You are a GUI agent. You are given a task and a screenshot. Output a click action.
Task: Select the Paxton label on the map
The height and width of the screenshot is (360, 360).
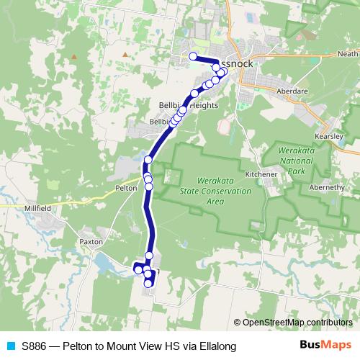pyautogui.click(x=91, y=242)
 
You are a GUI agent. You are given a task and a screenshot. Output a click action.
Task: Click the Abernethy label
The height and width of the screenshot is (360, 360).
pyautogui.click(x=327, y=187)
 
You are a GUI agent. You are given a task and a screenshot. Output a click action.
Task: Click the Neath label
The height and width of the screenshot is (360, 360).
pyautogui.click(x=347, y=54)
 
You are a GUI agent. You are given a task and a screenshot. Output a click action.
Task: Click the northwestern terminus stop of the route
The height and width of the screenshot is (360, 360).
pyautogui.click(x=193, y=56)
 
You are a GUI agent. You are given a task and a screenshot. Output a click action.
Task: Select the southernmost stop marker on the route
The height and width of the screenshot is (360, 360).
pyautogui.click(x=148, y=284)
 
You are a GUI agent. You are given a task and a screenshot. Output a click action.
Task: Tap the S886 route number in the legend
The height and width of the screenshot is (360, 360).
pyautogui.click(x=35, y=346)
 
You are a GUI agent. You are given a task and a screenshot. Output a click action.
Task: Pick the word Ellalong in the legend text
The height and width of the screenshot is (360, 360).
pyautogui.click(x=215, y=346)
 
